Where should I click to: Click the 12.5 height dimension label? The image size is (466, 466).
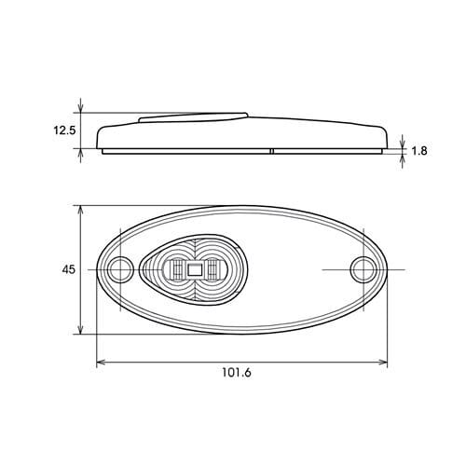tap(64, 130)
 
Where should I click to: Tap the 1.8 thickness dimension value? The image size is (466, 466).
tap(419, 148)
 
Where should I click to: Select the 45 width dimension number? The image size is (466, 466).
tap(68, 269)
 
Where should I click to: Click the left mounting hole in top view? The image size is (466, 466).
tap(118, 270)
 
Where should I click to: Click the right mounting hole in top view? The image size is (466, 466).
tap(362, 270)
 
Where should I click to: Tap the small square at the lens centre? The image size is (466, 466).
tap(194, 270)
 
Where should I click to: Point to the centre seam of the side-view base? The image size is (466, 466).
tap(271, 150)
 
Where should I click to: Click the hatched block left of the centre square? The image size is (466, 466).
tap(174, 270)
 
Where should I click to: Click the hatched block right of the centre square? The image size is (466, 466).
tap(213, 270)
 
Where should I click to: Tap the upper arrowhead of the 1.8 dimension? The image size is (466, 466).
tap(403, 140)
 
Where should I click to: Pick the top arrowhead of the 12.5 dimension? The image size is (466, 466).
tap(84, 108)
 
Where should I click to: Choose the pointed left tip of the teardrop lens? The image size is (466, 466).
tap(141, 270)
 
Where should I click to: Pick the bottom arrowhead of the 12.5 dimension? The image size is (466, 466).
tap(84, 155)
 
